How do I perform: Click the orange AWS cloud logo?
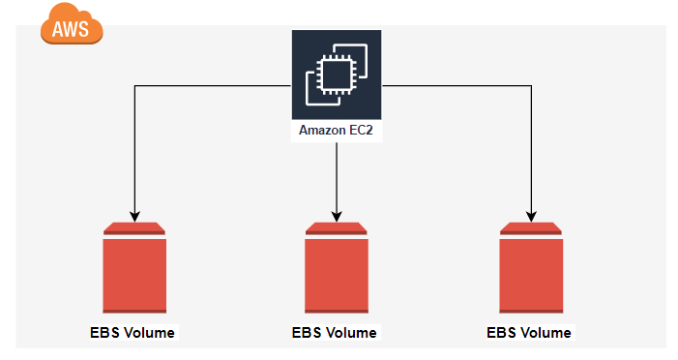coord(71,25)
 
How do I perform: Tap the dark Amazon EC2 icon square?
coord(336,73)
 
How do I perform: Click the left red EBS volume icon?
coord(134,270)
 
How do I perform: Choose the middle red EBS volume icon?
coord(336,270)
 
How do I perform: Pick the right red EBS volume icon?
coord(531,270)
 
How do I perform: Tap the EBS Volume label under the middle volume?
coord(335,333)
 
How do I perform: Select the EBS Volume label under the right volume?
coord(529,333)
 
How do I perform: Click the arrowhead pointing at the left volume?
coord(134,215)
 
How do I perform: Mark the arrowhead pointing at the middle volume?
coord(336,215)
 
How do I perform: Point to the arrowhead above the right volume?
coord(531,215)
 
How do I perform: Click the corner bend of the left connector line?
coord(134,86)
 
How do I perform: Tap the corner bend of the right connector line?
coord(531,86)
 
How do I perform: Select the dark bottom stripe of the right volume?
coord(531,311)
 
